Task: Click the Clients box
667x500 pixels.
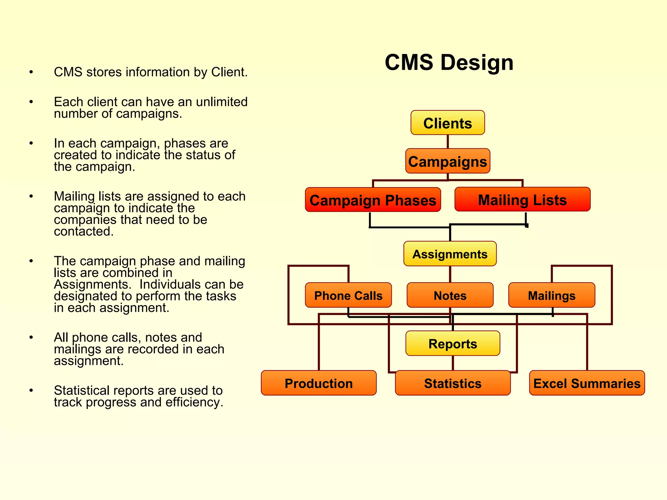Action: click(x=447, y=123)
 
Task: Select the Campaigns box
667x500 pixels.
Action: click(x=447, y=161)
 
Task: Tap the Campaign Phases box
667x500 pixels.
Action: click(x=373, y=200)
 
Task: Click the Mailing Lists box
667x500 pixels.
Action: click(x=522, y=200)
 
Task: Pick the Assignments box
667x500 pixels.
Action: click(x=450, y=254)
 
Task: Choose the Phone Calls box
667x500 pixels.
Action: click(x=348, y=295)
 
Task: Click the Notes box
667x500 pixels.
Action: click(x=450, y=295)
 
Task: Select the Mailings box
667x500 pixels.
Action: click(x=551, y=295)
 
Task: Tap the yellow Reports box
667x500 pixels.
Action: click(x=452, y=343)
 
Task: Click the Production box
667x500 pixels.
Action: click(x=319, y=383)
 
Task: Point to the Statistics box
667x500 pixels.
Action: click(x=452, y=383)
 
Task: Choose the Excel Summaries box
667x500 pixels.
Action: click(x=587, y=383)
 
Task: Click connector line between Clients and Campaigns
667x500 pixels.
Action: click(x=448, y=142)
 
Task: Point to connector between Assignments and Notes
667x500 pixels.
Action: click(x=450, y=274)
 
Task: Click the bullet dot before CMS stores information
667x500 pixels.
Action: click(x=31, y=72)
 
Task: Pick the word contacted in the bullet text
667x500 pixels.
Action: click(x=83, y=231)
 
